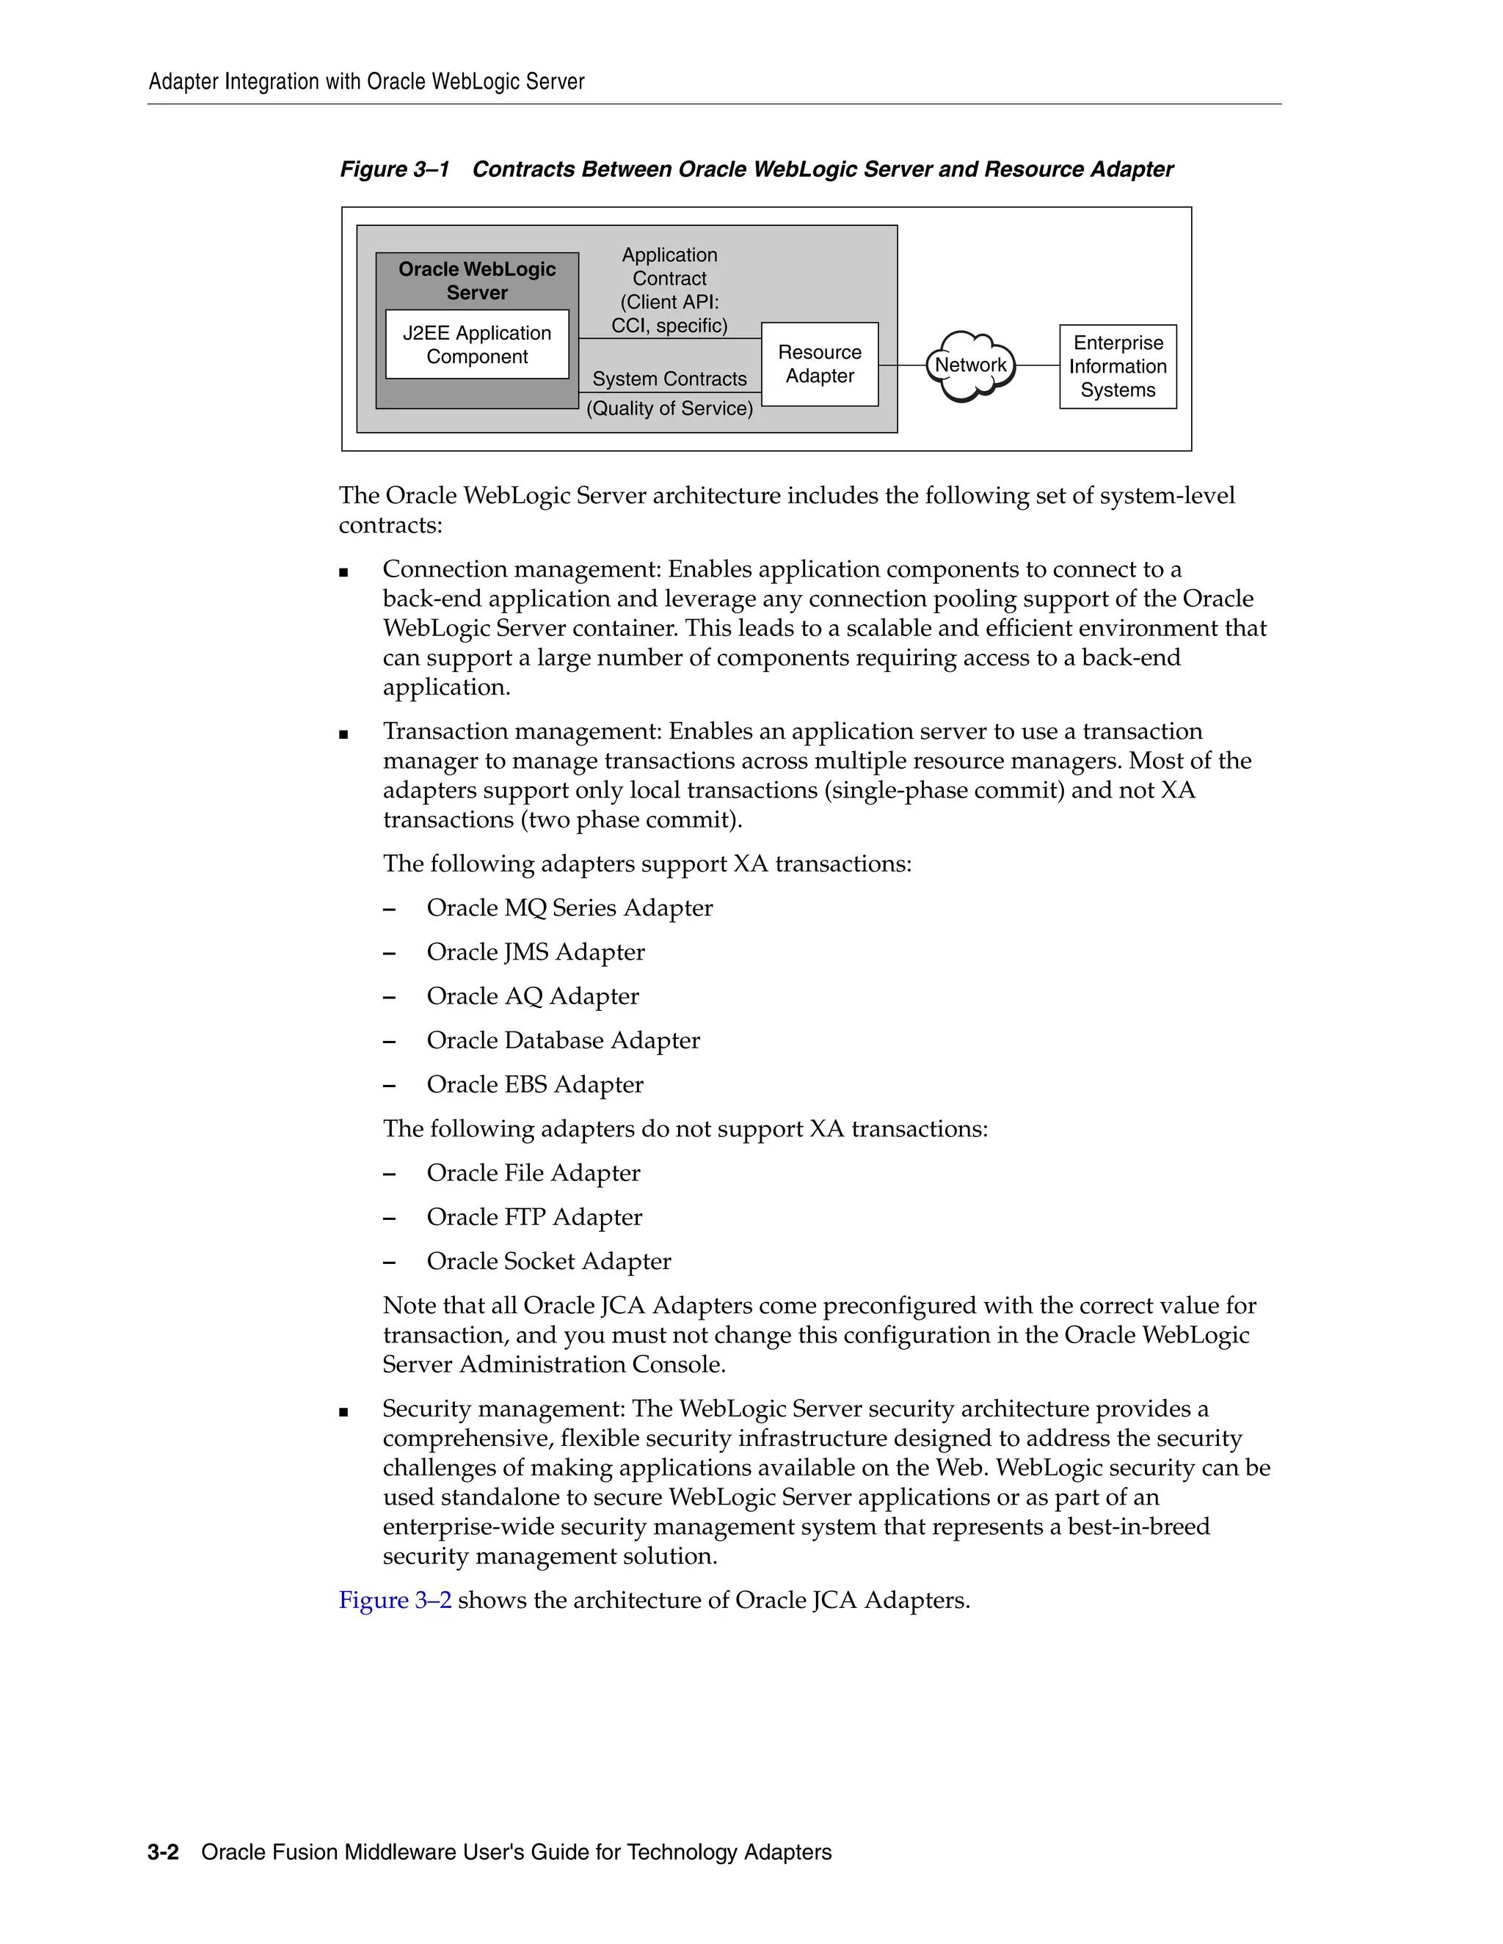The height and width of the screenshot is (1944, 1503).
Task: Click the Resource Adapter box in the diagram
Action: pos(819,364)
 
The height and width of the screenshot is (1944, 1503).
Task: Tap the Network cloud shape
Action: pos(969,365)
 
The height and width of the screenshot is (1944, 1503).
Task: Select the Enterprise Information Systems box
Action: pos(1118,367)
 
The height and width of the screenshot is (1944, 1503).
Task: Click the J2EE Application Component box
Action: pos(476,345)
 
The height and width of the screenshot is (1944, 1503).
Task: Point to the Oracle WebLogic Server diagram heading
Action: pos(476,280)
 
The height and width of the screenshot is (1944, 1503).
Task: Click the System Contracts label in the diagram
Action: pos(669,379)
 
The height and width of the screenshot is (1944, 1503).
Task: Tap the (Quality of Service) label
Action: pos(669,409)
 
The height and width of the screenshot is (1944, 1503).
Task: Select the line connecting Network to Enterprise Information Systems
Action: pos(1037,365)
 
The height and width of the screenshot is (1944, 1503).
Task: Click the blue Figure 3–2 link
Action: pos(394,1601)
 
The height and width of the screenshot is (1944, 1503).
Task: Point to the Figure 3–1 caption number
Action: pos(394,169)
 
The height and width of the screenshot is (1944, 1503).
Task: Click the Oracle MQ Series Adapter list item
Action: pos(569,908)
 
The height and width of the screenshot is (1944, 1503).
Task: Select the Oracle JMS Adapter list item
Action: pos(535,952)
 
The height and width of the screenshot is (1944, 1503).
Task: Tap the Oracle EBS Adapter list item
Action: pos(534,1085)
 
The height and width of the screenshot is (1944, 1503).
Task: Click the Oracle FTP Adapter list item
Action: pos(534,1217)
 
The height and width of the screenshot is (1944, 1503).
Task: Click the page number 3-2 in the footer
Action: pos(163,1852)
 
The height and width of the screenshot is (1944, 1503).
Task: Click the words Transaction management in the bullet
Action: pos(522,731)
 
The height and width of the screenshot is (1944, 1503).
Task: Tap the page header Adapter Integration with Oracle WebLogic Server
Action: pos(366,82)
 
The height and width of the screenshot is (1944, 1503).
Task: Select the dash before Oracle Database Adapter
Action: pos(389,1042)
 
